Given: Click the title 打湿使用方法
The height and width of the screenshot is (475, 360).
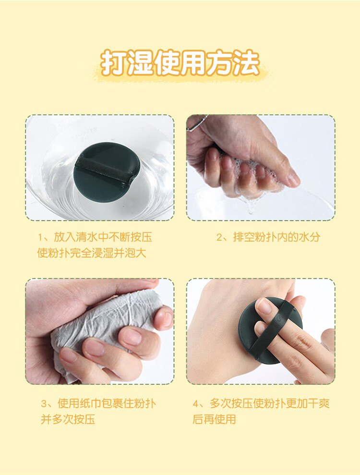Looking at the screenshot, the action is coord(180,63).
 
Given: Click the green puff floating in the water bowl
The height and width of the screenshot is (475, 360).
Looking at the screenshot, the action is coord(107,172).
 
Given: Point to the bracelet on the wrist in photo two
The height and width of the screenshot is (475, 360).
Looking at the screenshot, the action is coord(197,123).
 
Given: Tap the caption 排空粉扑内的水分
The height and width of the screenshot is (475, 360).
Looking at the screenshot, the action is coord(276,237).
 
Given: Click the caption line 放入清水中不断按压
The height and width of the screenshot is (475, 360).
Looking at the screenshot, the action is coord(103,237).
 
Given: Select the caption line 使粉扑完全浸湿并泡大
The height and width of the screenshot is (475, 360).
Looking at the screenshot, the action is coord(92,253).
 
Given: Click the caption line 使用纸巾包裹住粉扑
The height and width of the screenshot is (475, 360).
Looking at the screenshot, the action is coord(107,403).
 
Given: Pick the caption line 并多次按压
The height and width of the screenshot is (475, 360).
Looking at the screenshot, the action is coord(68,419).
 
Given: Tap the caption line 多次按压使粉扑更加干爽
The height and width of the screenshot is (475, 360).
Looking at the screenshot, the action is coord(269,403).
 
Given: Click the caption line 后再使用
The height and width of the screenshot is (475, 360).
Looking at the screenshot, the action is coord(215,419).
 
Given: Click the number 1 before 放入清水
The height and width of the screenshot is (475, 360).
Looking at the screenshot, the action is coord(40,237).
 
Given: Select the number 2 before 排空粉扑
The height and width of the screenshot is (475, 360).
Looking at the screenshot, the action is coord(219,237).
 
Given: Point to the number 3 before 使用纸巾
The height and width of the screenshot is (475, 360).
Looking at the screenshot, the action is coord(44,404).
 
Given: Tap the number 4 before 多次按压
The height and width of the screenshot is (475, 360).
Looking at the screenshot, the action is coord(196,404).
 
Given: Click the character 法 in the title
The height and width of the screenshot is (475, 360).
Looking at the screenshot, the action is coord(246,63).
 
